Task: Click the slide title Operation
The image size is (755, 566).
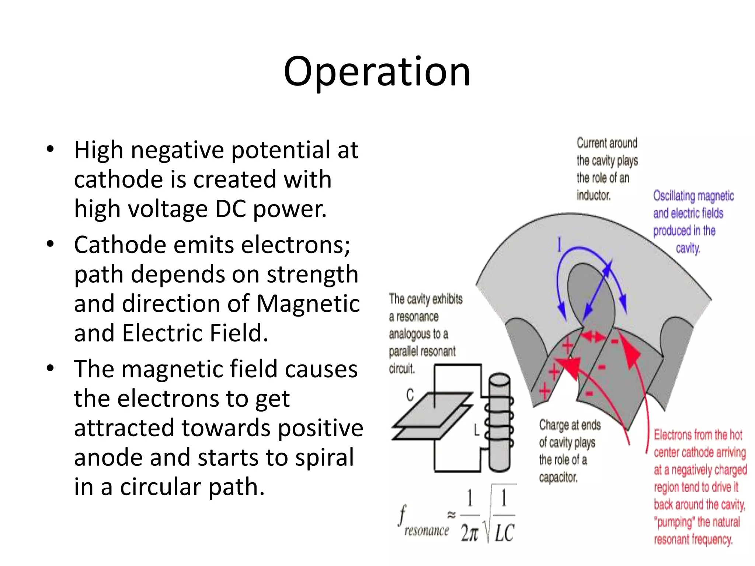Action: (377, 71)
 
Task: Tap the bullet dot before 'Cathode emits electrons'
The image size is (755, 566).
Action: (50, 244)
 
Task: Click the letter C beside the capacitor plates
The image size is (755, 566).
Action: (410, 395)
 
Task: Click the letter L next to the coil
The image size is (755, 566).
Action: (477, 430)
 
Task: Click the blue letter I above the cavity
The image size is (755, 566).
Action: (559, 245)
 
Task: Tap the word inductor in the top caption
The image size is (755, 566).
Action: (594, 195)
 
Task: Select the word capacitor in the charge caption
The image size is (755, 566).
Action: (558, 478)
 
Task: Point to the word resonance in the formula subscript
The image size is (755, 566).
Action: (427, 531)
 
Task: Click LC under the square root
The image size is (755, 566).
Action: (504, 533)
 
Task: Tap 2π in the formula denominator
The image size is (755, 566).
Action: (469, 533)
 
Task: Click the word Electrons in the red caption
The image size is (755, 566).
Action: (673, 435)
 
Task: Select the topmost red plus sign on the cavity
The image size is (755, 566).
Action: (568, 345)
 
